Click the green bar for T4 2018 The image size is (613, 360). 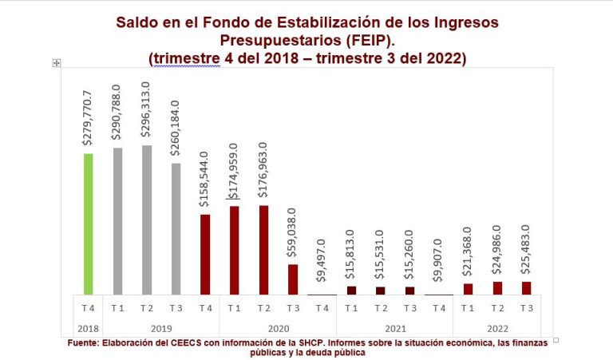point(89,224)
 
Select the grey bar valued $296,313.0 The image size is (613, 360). point(147,220)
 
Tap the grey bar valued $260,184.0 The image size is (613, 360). point(176,228)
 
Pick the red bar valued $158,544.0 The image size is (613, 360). point(205,254)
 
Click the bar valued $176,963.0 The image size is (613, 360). point(263,250)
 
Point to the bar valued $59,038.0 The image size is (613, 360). point(293,279)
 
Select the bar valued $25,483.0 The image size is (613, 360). point(526,288)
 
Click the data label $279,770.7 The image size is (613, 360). point(89,117)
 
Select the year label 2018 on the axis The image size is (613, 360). point(88,328)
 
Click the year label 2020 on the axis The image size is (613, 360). point(278,328)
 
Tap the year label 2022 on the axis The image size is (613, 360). point(496,328)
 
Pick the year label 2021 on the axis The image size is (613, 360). point(394,328)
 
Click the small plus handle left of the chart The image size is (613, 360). point(57,62)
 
